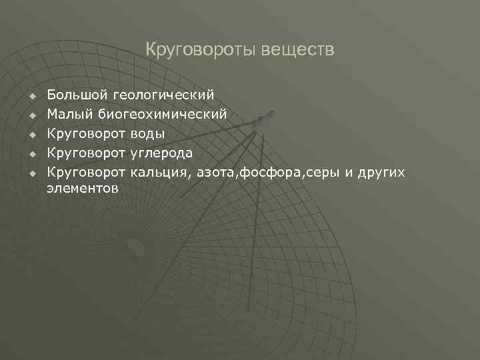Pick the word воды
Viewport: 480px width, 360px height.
pos(147,133)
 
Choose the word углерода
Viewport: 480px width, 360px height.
pos(161,153)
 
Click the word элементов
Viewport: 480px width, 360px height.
pos(83,189)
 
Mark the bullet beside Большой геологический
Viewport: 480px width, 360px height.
pos(31,97)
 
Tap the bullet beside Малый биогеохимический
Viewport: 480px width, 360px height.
pos(31,116)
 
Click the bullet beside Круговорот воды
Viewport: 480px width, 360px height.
pos(31,135)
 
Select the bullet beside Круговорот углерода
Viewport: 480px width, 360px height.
pos(31,154)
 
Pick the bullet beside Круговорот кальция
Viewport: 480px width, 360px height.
pos(31,173)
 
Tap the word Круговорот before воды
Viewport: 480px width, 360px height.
pos(86,133)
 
